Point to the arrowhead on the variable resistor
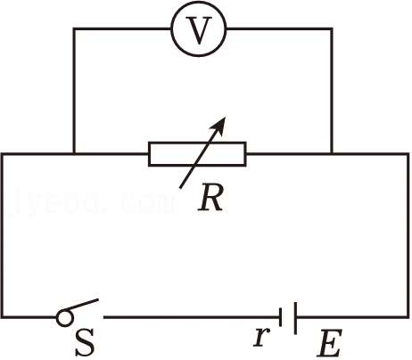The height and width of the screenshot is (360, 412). [x=219, y=125]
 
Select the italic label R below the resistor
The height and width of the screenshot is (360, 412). [x=210, y=199]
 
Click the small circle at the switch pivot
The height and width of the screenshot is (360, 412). [x=64, y=318]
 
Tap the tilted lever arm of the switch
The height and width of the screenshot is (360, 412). [x=82, y=305]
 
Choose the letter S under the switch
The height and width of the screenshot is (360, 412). [x=85, y=342]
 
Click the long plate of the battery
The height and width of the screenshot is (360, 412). [x=295, y=318]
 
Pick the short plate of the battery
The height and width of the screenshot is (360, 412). [x=280, y=317]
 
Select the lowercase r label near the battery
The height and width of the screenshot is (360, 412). [x=262, y=338]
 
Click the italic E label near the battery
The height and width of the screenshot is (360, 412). [x=329, y=343]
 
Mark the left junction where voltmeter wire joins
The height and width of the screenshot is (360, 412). [x=74, y=153]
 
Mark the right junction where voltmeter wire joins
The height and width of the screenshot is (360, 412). [x=332, y=153]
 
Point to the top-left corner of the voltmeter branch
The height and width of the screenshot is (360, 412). [x=74, y=29]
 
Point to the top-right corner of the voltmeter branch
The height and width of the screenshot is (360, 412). [x=332, y=29]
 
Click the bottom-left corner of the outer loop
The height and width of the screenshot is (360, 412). [x=2, y=317]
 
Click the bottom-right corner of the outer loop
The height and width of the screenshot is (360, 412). [x=408, y=317]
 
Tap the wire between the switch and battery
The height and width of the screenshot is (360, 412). [x=192, y=317]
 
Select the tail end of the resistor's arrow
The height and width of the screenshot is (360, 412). [x=180, y=188]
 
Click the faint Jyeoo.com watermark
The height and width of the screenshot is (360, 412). [x=91, y=200]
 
